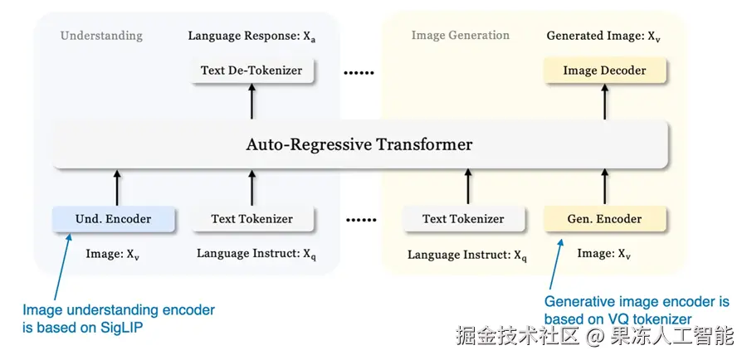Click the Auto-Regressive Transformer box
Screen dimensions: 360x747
tap(359, 144)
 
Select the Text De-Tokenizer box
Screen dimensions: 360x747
tap(251, 71)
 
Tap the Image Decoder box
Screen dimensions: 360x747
tap(604, 71)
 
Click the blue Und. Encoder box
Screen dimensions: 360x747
tap(114, 219)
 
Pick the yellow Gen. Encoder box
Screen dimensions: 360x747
tap(604, 219)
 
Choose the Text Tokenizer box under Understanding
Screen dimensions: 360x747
tap(251, 219)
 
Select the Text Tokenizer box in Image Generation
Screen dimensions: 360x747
tap(463, 219)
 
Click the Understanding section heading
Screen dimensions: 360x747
tap(101, 36)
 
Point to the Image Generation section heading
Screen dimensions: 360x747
tap(460, 36)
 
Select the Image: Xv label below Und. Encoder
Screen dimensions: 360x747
tap(113, 254)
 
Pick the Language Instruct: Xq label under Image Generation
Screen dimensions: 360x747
tap(468, 255)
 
